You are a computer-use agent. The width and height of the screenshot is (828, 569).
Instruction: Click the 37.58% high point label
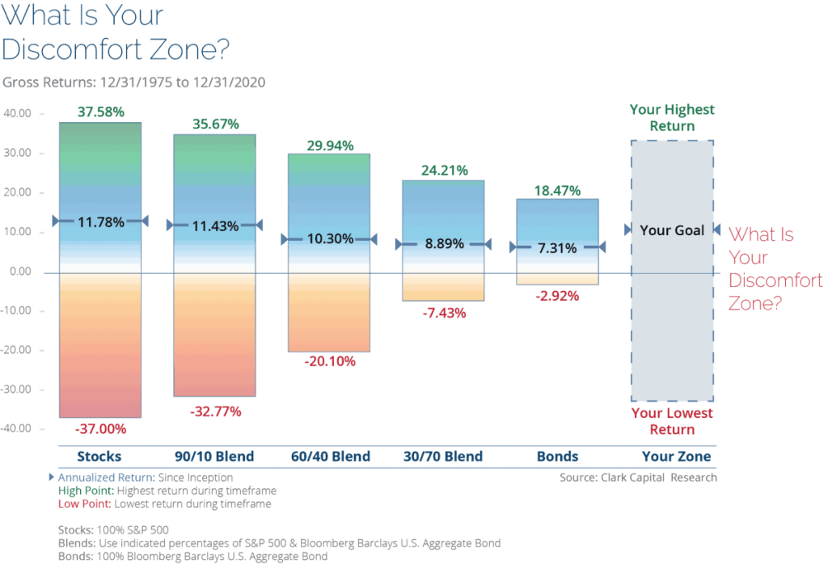tap(100, 112)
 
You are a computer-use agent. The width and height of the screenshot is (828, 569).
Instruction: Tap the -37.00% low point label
tap(100, 428)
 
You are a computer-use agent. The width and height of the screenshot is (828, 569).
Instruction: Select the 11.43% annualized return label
tap(215, 225)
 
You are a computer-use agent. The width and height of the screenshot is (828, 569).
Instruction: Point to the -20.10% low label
tap(330, 361)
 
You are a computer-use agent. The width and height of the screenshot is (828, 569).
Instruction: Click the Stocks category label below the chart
tap(100, 457)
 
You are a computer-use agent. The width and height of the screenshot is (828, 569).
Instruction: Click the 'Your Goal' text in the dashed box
tap(673, 230)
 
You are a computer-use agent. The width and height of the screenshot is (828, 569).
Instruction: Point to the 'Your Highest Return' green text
tap(673, 118)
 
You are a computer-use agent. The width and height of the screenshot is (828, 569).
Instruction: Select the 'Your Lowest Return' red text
tap(673, 421)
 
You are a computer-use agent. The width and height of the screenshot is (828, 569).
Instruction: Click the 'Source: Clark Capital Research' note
tap(637, 478)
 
